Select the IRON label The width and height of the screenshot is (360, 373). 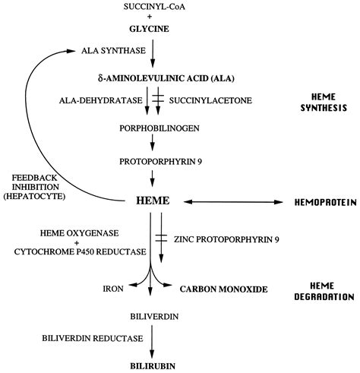113,289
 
